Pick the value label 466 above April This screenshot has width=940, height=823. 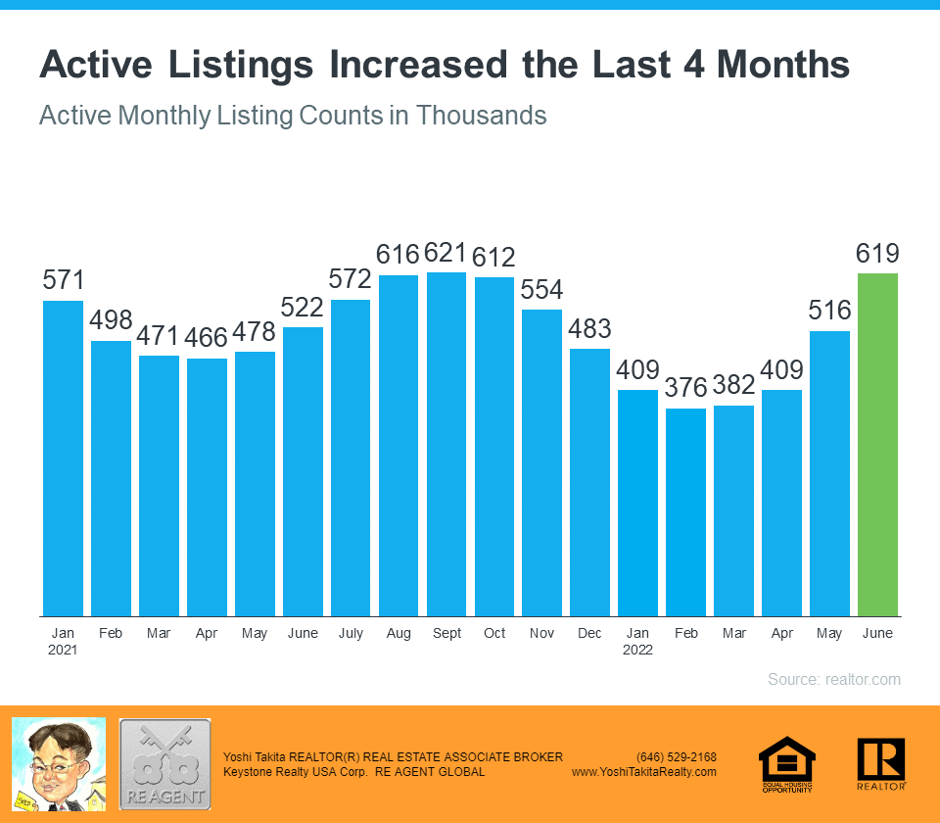(207, 338)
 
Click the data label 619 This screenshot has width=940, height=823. (877, 254)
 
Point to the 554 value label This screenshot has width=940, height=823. (541, 290)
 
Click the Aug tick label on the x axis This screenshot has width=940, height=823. (399, 634)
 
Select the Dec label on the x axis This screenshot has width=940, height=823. (589, 634)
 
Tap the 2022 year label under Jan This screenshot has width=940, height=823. (637, 650)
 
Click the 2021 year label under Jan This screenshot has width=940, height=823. (62, 650)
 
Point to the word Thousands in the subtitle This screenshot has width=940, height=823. (481, 116)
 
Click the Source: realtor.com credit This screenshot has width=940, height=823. (833, 679)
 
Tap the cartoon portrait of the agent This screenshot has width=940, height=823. (58, 763)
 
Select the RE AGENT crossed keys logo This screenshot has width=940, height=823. (164, 764)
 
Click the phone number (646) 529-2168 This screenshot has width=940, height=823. (677, 757)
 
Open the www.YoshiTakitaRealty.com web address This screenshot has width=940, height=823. (644, 772)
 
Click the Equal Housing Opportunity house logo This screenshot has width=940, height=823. (787, 763)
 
